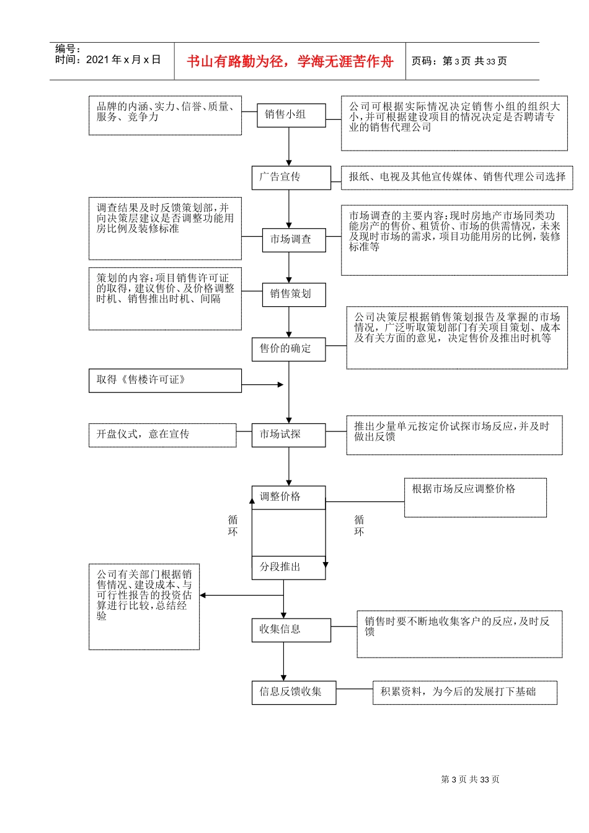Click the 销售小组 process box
288,115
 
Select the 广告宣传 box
291,178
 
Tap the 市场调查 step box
291,240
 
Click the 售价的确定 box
288,349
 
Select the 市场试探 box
288,435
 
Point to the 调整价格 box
288,497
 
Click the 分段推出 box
288,567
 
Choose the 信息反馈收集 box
293,692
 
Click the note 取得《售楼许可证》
165,381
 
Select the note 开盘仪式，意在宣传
162,435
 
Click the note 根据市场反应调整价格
475,497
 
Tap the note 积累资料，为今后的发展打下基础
464,692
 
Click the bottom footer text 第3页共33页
470,780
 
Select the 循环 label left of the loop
232,526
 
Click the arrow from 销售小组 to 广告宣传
289,147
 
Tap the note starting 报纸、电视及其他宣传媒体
456,177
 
